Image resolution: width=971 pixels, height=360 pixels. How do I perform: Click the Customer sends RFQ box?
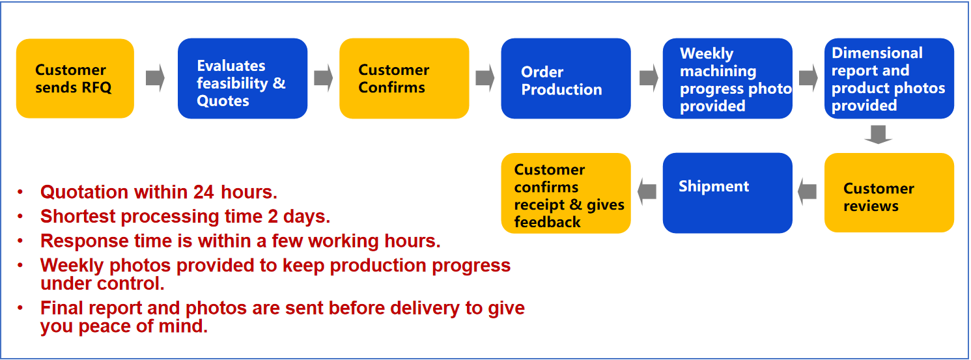[75, 79]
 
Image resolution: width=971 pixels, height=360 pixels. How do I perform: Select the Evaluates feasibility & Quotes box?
[242, 79]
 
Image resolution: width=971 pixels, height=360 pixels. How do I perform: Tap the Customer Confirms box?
[404, 79]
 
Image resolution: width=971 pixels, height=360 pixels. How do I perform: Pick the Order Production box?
[565, 79]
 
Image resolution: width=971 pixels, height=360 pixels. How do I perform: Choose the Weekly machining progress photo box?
[727, 79]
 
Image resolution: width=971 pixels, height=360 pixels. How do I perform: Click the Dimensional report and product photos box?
[889, 79]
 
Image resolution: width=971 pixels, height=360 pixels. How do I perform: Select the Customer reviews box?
[889, 193]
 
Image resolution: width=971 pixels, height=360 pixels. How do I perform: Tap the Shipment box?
[727, 193]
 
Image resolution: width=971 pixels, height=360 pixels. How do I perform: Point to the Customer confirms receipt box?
[565, 193]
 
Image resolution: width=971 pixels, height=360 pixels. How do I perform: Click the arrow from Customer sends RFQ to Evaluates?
[155, 79]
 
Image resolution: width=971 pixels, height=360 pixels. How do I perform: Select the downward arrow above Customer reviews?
[878, 134]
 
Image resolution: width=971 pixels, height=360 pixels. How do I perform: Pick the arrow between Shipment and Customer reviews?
[808, 191]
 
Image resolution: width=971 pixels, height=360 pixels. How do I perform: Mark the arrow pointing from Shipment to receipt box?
[647, 191]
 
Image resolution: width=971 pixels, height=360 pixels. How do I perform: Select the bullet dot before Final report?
[20, 307]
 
